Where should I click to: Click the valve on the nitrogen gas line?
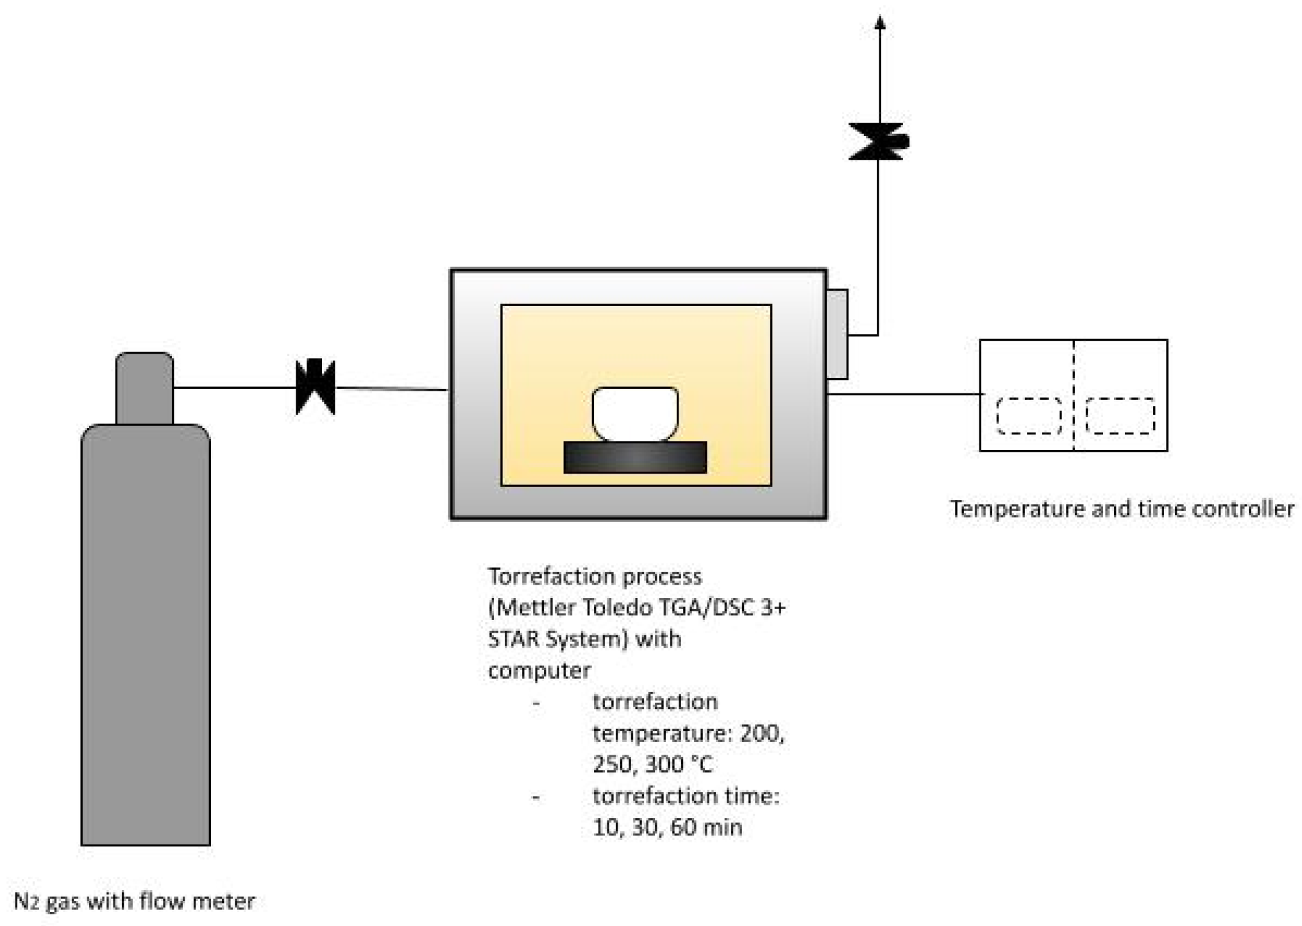tap(315, 387)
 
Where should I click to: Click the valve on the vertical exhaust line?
tap(878, 141)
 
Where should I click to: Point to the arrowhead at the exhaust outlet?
tap(880, 23)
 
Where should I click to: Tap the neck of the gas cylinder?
tap(144, 388)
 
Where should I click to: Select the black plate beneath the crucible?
tap(635, 458)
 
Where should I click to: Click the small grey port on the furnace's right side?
tap(837, 334)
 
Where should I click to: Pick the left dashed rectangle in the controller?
tap(1029, 416)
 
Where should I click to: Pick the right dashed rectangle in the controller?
tap(1120, 416)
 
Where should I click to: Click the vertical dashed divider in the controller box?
tap(1074, 395)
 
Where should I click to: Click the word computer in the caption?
tap(539, 671)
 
